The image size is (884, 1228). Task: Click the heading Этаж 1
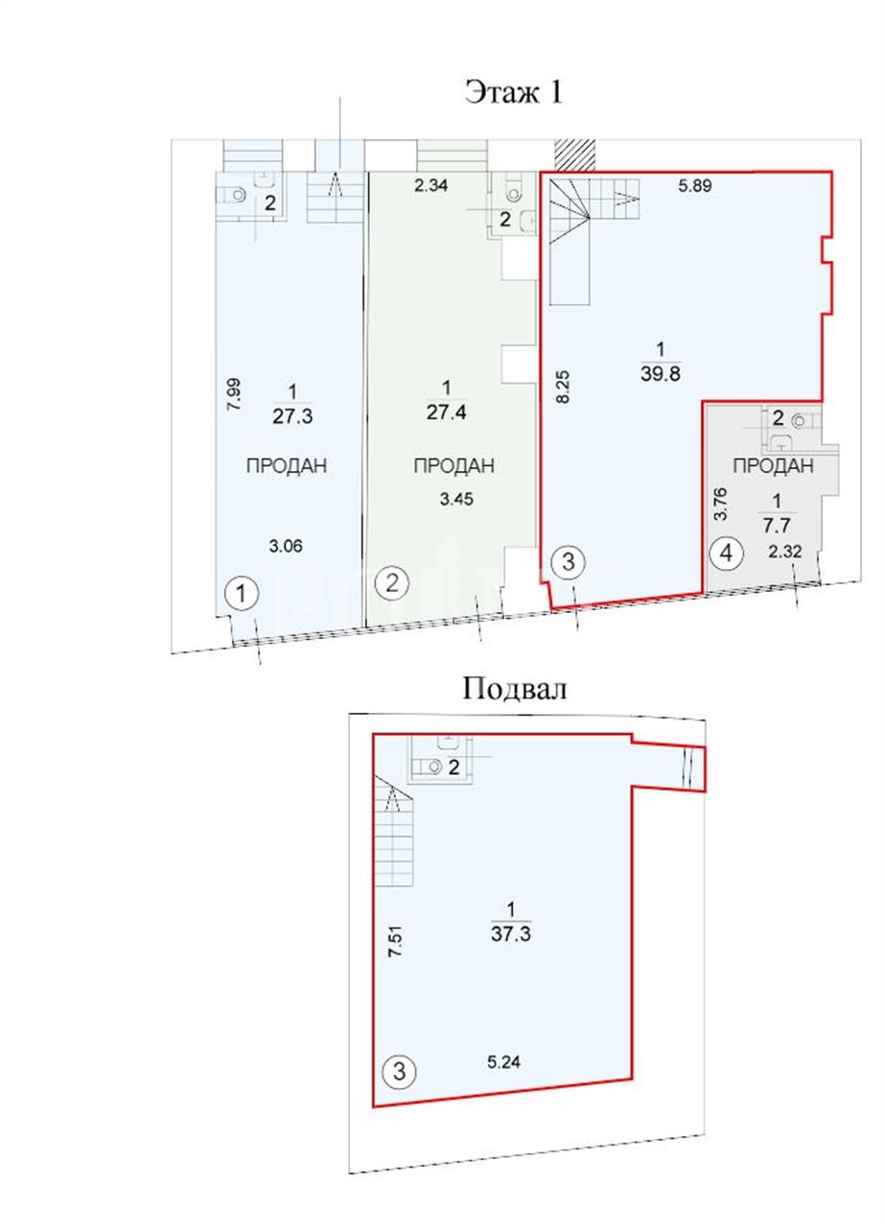514,92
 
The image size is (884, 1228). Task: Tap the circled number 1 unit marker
242,594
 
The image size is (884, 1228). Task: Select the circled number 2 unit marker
392,583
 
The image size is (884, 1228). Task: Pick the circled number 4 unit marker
726,554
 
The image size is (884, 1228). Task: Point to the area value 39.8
661,374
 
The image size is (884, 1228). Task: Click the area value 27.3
292,416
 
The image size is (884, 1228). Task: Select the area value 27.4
447,412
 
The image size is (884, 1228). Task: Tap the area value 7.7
777,526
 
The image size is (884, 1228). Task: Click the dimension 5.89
695,186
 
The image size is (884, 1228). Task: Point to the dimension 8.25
563,387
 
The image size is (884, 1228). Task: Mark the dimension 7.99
234,394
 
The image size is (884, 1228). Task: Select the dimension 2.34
431,186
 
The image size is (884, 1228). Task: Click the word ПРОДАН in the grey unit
773,466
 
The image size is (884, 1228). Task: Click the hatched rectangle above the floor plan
574,155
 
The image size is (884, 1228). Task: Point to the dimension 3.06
286,546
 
